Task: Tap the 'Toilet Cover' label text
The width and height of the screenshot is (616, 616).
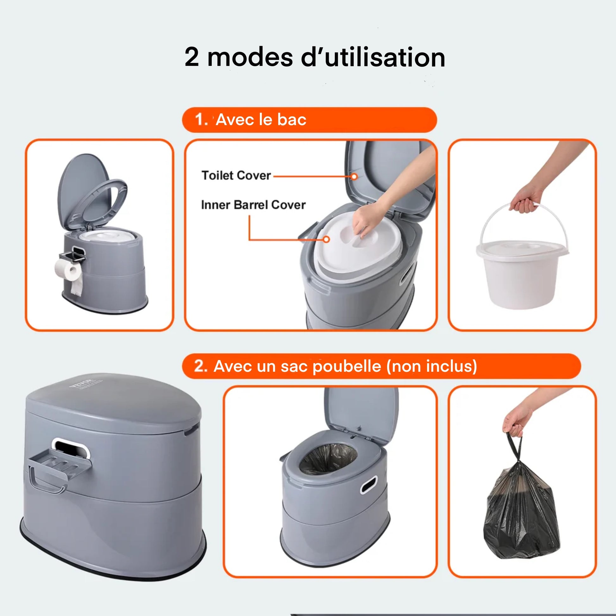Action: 236,176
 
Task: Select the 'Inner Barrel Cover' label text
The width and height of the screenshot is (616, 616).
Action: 253,205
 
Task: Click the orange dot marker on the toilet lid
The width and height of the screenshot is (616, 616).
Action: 354,176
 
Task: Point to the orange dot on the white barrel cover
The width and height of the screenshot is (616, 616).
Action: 326,239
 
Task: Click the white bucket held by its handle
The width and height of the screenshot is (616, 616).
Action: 522,271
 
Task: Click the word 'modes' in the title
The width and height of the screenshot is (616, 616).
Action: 250,57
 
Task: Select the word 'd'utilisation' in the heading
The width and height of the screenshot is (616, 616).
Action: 373,57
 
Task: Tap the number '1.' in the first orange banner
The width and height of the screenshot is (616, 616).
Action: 201,120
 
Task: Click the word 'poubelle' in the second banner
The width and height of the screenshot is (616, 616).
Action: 347,366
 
